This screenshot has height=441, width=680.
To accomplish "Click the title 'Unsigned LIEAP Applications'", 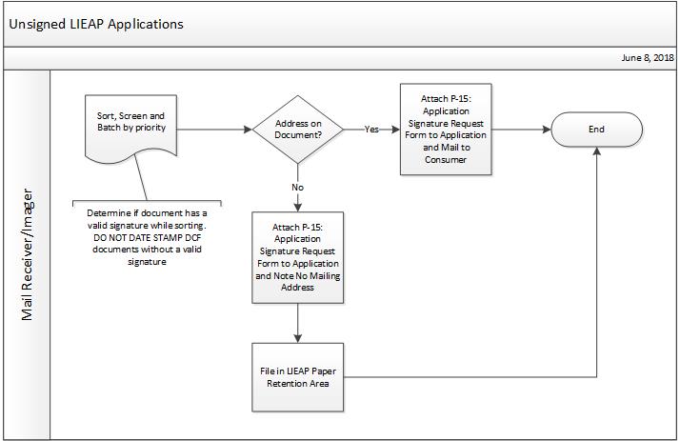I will click(95, 24).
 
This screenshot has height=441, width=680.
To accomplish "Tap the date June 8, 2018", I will click(647, 58).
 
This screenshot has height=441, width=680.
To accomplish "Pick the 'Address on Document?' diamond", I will click(299, 130).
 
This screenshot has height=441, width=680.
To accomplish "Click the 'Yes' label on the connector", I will click(371, 130).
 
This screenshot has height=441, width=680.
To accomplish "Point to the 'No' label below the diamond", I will click(298, 188).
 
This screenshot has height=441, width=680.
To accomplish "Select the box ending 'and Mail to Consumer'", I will click(445, 129).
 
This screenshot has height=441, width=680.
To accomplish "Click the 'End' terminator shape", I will click(596, 130).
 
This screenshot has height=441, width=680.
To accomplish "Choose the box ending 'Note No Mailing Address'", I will click(298, 257).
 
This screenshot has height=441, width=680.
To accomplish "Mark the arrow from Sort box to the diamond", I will click(214, 130).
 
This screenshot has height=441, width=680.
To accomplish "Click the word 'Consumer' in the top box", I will click(445, 159).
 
